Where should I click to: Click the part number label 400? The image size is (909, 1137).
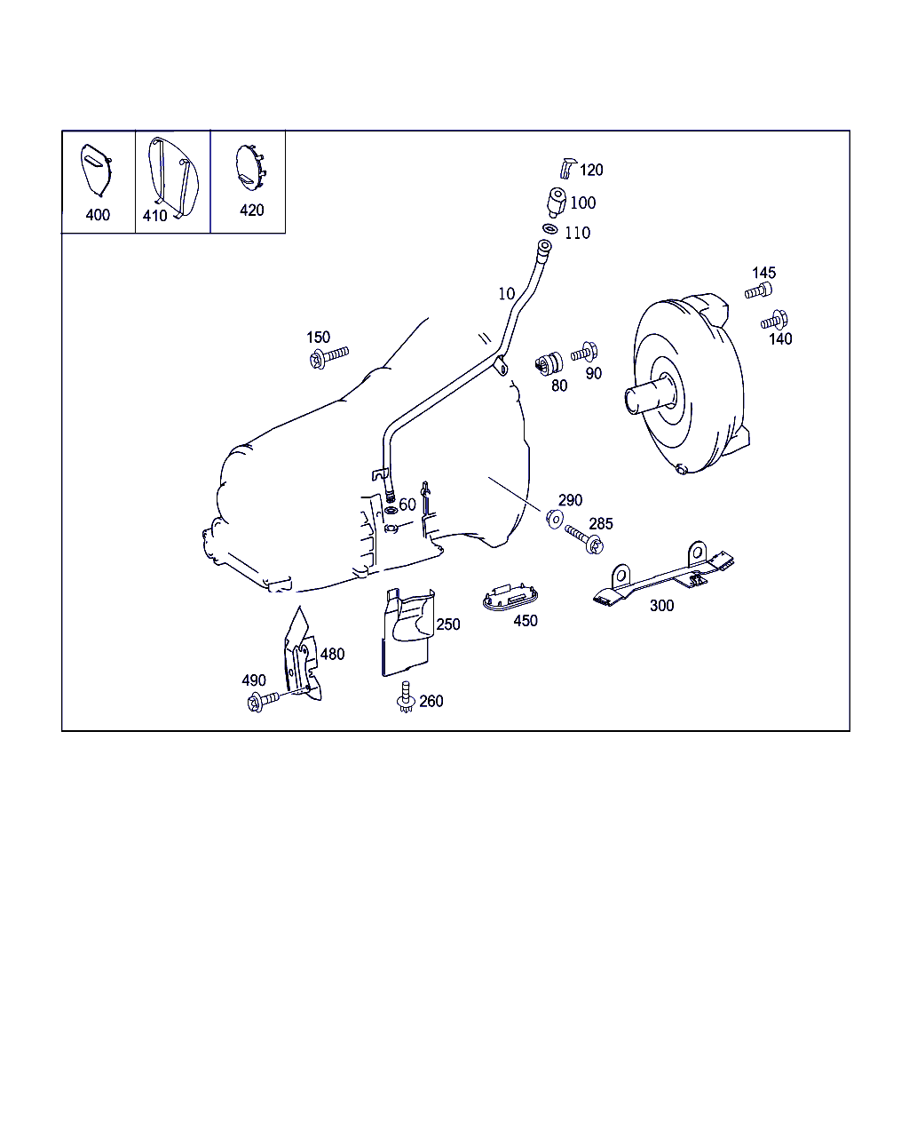pyautogui.click(x=98, y=215)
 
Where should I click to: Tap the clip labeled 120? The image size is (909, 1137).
pyautogui.click(x=567, y=168)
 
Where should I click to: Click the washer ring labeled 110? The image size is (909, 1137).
pyautogui.click(x=549, y=229)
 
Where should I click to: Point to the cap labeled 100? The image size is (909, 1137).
pyautogui.click(x=556, y=202)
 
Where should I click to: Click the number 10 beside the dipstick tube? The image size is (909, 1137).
pyautogui.click(x=507, y=294)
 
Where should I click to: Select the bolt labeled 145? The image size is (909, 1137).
pyautogui.click(x=758, y=290)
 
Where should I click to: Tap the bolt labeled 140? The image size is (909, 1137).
pyautogui.click(x=774, y=320)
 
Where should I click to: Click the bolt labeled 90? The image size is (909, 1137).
pyautogui.click(x=584, y=352)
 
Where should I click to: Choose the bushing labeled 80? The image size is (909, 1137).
pyautogui.click(x=549, y=363)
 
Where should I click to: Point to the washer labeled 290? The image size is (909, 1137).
pyautogui.click(x=555, y=519)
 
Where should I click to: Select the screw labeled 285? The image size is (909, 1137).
pyautogui.click(x=584, y=539)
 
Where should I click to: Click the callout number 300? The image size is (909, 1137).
pyautogui.click(x=661, y=606)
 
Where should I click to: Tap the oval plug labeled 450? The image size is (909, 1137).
pyautogui.click(x=510, y=598)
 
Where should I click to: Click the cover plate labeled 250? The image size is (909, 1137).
pyautogui.click(x=407, y=632)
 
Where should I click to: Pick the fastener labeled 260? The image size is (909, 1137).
pyautogui.click(x=406, y=697)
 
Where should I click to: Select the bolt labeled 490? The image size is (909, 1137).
pyautogui.click(x=263, y=701)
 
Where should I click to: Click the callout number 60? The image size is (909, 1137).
pyautogui.click(x=407, y=505)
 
